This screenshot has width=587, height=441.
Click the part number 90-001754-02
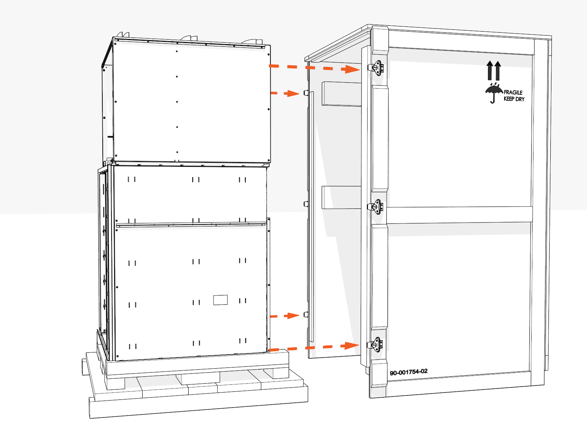click(408, 372)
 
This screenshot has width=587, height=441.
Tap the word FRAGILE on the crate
click(513, 92)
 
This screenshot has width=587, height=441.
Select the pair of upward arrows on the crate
click(493, 71)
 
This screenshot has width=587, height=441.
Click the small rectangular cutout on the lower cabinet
click(220, 300)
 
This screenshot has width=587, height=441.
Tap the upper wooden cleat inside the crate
click(341, 94)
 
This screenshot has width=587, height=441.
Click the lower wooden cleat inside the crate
click(341, 197)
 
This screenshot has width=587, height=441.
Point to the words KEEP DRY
click(514, 99)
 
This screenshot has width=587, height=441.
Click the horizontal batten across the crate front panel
click(459, 215)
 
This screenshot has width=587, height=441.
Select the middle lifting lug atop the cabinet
click(189, 38)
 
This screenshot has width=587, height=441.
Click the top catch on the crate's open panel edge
click(306, 93)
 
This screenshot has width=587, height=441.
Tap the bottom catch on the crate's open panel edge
click(306, 315)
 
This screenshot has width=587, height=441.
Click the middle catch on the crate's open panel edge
click(306, 204)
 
